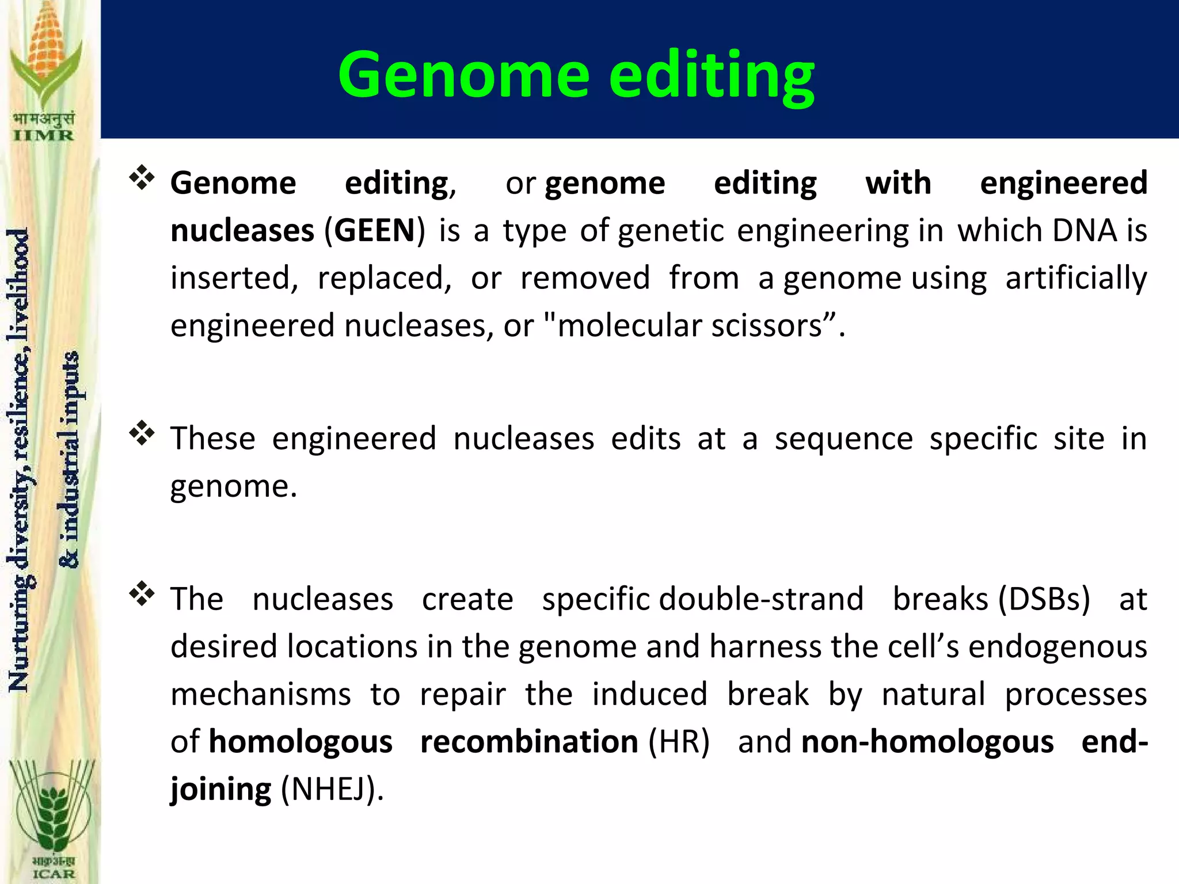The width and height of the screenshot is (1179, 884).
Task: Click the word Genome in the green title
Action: (464, 75)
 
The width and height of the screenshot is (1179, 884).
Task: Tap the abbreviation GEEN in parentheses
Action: (374, 231)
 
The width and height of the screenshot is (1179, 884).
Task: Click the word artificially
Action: (1076, 279)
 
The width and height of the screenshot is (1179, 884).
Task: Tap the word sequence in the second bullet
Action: (843, 439)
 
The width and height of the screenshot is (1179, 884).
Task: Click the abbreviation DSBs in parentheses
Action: (1044, 600)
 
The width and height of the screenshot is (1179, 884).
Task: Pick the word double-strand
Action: (761, 600)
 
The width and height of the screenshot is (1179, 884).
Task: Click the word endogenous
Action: (1058, 647)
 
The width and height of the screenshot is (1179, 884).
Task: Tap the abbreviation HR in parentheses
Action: (679, 742)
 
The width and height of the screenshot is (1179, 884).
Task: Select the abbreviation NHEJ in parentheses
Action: (328, 789)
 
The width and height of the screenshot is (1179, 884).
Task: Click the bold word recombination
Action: (529, 742)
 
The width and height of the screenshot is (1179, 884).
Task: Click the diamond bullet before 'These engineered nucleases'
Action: (142, 433)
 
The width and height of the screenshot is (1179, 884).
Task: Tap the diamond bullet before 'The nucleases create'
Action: (142, 594)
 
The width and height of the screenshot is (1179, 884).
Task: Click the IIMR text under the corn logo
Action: (44, 136)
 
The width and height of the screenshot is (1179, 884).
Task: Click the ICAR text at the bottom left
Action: (53, 874)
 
